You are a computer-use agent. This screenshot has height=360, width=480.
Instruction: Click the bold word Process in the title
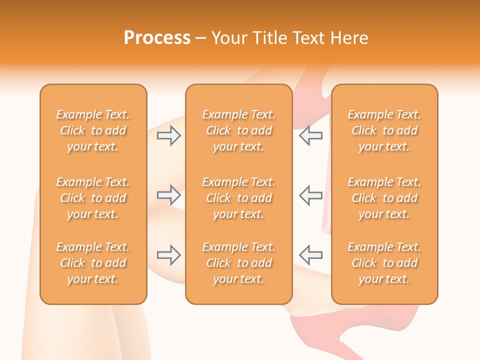(157, 38)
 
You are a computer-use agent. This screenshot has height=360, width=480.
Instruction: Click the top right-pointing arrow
(169, 135)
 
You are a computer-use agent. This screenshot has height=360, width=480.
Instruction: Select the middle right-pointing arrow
(169, 195)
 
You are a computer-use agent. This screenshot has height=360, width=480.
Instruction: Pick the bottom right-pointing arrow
(169, 254)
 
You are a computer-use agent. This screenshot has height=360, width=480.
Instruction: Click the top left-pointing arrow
(310, 135)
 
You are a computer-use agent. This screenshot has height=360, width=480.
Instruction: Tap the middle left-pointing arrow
(310, 195)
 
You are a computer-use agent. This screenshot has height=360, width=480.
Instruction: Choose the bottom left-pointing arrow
(310, 254)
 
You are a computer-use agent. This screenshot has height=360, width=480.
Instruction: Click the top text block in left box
(93, 130)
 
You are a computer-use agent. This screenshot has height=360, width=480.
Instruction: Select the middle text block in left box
(93, 198)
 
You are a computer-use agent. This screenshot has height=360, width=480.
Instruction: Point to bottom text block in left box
(93, 263)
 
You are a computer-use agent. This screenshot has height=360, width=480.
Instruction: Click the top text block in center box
(238, 130)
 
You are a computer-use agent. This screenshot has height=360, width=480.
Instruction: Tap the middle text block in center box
(238, 198)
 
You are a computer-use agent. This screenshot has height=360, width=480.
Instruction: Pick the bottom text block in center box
(238, 263)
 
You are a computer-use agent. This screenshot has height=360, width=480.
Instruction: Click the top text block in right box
(384, 130)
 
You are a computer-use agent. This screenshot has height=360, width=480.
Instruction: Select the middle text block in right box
(384, 198)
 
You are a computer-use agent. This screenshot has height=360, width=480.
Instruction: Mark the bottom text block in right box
(384, 263)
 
